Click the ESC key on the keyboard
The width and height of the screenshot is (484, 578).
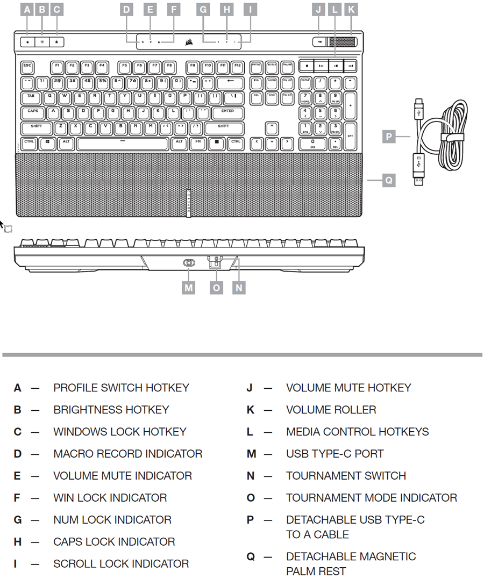click(27, 67)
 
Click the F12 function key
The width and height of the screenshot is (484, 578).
click(237, 67)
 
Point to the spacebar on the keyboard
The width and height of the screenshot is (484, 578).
click(123, 144)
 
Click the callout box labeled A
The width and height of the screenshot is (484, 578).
click(27, 9)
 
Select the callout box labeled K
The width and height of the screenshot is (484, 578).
click(351, 9)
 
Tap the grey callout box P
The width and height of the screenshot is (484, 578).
click(388, 137)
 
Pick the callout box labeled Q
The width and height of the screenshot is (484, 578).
click(388, 181)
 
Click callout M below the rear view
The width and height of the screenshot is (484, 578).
click(188, 287)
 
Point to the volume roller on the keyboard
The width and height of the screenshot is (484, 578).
click(342, 41)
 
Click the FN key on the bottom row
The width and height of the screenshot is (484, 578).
click(198, 144)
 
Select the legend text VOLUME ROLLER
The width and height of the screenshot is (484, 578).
click(331, 410)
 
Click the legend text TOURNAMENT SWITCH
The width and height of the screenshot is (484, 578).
click(346, 476)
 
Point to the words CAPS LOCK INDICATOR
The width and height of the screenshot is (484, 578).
click(114, 542)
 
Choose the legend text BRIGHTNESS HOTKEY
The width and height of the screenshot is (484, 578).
click(111, 410)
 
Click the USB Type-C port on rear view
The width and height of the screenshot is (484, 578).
click(189, 263)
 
